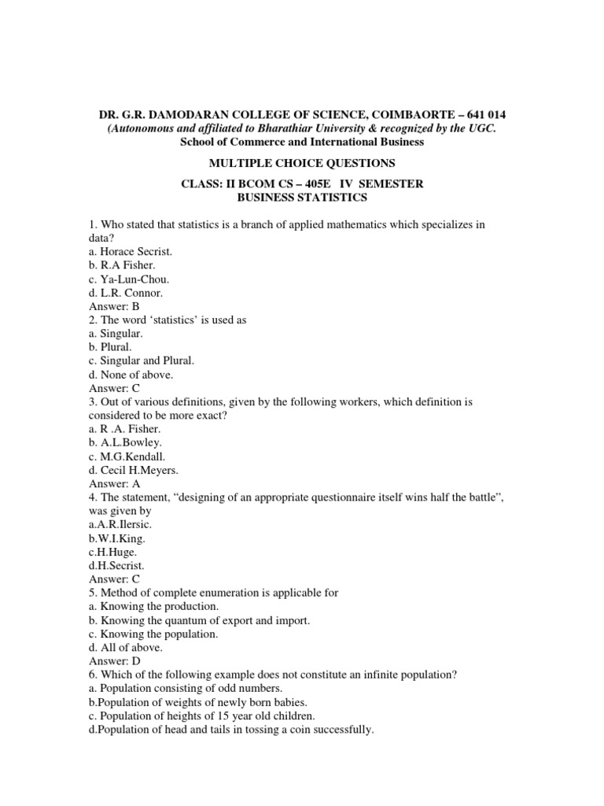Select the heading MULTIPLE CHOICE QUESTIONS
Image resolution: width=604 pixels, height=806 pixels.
tap(301, 163)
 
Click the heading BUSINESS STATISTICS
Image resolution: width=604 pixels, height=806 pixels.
tap(302, 197)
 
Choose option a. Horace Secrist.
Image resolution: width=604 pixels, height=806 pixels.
tap(131, 251)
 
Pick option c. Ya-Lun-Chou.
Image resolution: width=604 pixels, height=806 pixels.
tap(129, 279)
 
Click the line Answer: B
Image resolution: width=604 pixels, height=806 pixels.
tap(114, 306)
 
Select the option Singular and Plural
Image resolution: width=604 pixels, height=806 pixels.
tap(142, 360)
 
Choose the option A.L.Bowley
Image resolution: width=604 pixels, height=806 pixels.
tap(127, 442)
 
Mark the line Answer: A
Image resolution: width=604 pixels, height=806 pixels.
tap(114, 484)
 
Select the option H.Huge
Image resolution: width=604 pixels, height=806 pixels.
tap(114, 552)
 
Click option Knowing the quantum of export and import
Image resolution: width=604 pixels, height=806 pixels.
tap(200, 620)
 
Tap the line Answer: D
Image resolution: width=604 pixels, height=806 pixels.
tap(114, 661)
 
